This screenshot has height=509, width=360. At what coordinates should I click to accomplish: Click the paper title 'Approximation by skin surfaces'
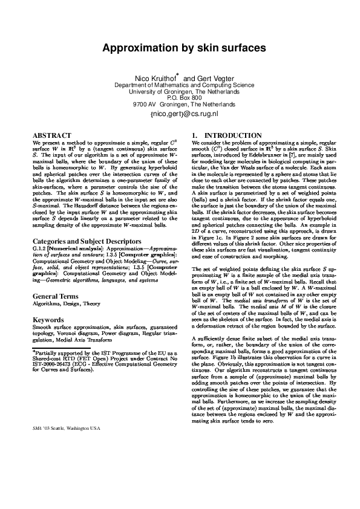pos(180,47)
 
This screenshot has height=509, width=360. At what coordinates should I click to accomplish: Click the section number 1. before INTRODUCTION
pos(194,135)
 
